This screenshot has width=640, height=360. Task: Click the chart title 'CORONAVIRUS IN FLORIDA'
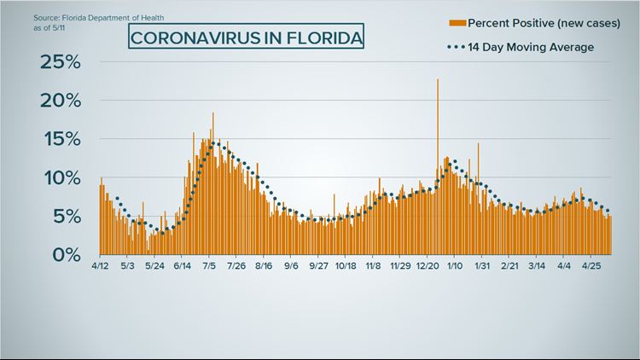coord(247,38)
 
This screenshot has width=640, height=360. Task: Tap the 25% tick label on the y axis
coord(61,62)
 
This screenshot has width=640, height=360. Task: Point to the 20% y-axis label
coord(61,101)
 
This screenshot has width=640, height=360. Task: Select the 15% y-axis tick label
coord(61,139)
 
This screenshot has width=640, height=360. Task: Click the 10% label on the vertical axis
coord(61,178)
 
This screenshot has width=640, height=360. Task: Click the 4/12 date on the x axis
coord(101,267)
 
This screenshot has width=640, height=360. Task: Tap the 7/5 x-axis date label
coord(209,267)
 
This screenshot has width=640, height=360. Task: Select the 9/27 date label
coord(318,267)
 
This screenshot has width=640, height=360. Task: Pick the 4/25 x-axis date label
coord(591,267)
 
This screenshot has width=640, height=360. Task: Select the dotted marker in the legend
coord(455,47)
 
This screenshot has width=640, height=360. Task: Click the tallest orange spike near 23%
coord(438,82)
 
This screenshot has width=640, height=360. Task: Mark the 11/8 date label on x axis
coord(373,267)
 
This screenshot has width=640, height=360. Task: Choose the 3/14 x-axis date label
coord(537,267)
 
